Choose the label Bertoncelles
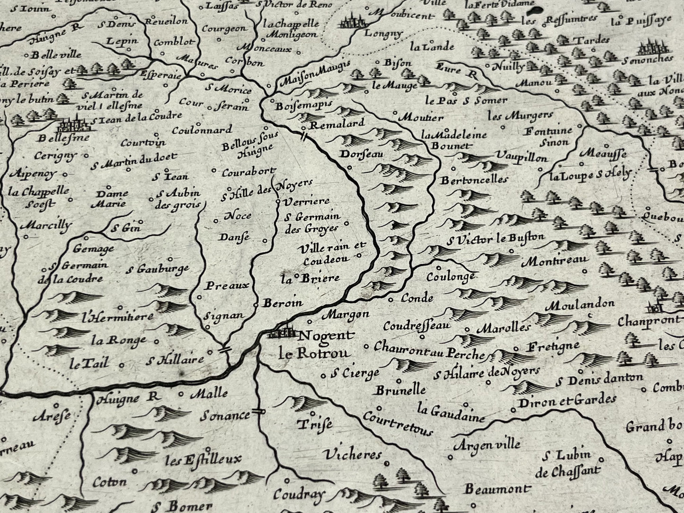pos(474,180)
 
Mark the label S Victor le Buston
pos(495,239)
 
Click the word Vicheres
pos(353,455)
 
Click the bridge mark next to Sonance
pos(258,412)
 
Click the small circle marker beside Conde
pos(391,299)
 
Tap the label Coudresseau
pos(417,326)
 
